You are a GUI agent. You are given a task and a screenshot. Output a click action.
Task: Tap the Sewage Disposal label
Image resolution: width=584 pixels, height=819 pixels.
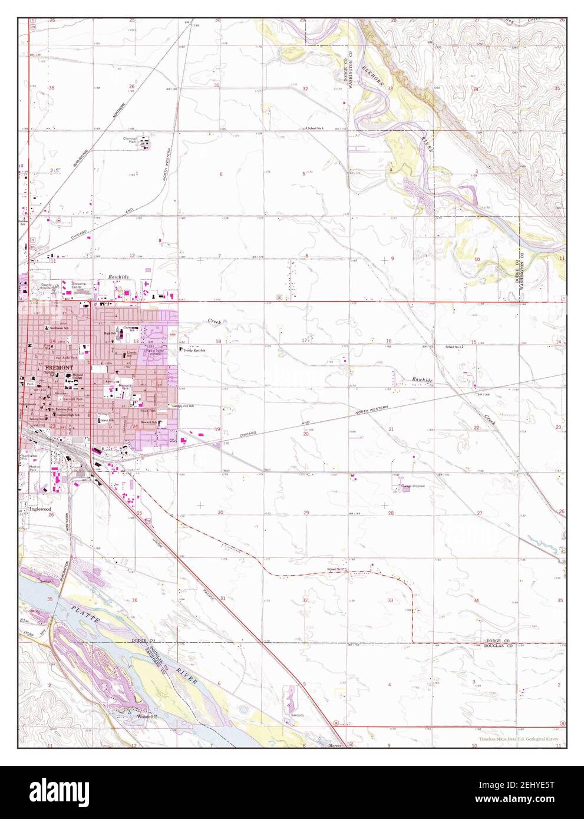click(x=414, y=486)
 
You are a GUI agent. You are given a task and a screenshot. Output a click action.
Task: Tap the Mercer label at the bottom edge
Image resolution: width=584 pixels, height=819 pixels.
click(x=335, y=745)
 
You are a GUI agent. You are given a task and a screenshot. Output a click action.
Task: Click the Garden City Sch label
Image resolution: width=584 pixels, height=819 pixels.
click(x=183, y=406)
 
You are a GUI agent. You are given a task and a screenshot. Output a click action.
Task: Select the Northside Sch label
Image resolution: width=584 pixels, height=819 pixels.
click(x=60, y=328)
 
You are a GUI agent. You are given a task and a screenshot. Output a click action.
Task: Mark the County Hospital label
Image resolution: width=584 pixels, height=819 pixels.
click(x=47, y=285)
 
